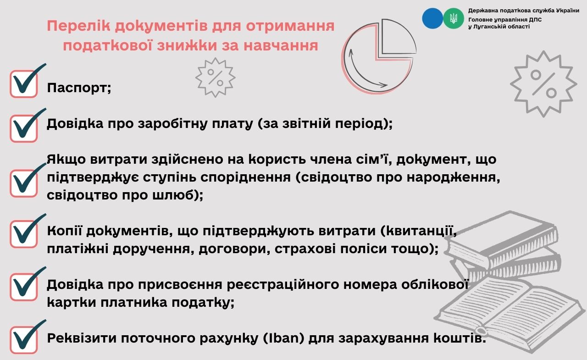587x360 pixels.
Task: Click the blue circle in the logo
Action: click(432, 18)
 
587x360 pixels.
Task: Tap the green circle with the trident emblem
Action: click(454, 18)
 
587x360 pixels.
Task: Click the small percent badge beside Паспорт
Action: click(215, 78)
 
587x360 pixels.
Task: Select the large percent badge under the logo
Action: click(543, 84)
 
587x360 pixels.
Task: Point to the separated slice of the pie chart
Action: click(399, 37)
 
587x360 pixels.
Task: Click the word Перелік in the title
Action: click(78, 26)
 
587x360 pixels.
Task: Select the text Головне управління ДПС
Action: click(505, 20)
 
